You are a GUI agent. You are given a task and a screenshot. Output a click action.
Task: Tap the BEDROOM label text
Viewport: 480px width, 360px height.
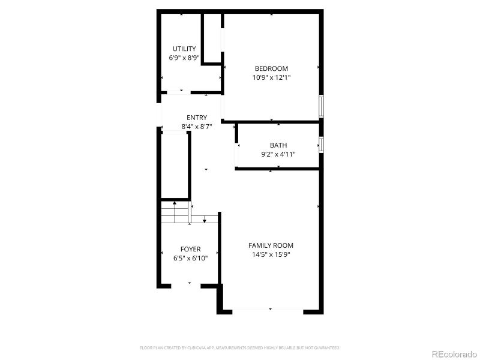click(271, 68)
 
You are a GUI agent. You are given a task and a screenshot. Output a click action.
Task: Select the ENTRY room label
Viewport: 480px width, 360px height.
click(197, 118)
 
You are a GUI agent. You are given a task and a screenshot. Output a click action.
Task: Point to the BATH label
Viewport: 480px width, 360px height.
click(278, 145)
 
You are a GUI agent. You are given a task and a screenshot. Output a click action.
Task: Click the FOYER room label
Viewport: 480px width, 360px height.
click(191, 249)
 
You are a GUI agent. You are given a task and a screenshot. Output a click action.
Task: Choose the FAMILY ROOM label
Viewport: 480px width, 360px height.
click(271, 245)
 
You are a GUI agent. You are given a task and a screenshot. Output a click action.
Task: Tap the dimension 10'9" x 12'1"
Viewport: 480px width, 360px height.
click(271, 77)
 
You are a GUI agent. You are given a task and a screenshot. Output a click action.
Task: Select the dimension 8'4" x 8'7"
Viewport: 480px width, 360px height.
click(197, 127)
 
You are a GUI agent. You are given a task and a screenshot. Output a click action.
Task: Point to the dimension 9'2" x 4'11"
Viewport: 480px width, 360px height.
click(278, 154)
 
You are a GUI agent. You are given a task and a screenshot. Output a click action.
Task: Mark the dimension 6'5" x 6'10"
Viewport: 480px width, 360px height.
click(191, 258)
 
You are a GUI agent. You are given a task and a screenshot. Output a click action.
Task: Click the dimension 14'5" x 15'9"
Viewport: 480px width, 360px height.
click(271, 254)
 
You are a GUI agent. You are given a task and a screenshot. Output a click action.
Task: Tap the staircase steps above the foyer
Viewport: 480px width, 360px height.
click(175, 212)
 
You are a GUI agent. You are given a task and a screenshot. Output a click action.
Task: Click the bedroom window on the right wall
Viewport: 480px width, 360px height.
click(322, 106)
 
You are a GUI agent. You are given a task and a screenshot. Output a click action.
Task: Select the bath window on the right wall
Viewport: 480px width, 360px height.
click(322, 145)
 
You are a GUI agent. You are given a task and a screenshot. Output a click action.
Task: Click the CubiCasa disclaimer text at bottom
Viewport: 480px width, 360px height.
click(240, 347)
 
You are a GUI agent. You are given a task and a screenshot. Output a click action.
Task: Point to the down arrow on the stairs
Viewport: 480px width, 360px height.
click(205, 220)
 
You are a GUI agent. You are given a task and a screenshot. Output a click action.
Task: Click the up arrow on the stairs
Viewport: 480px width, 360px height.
click(175, 205)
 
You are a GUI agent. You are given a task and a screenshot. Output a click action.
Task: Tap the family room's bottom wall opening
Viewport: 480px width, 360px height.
click(268, 310)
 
